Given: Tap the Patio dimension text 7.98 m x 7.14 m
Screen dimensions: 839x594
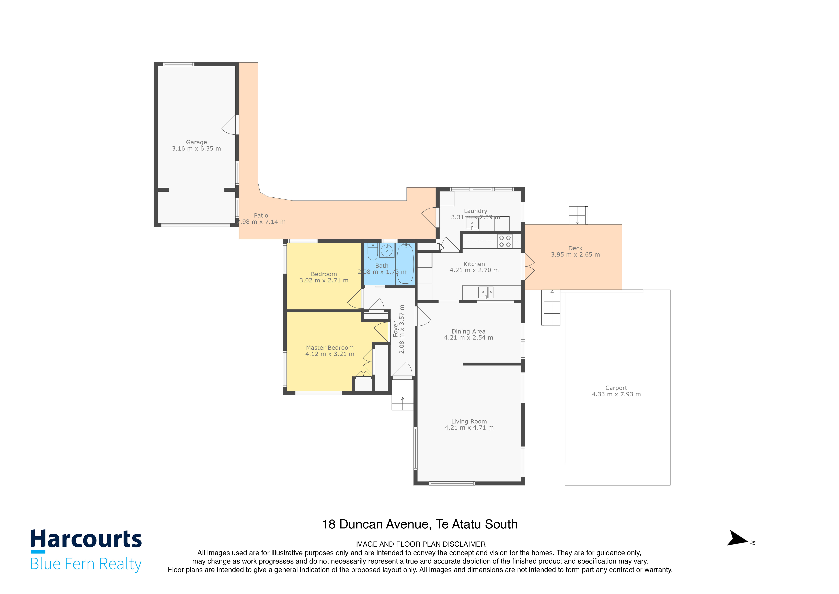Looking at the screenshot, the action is (261, 222).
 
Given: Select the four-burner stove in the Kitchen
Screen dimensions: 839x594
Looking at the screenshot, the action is (505, 241).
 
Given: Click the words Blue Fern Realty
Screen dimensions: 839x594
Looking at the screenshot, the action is (86, 564).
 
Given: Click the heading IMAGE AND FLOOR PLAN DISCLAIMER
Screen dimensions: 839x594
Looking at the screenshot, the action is (420, 544).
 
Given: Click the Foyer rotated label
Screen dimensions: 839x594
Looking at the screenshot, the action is (395, 329).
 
